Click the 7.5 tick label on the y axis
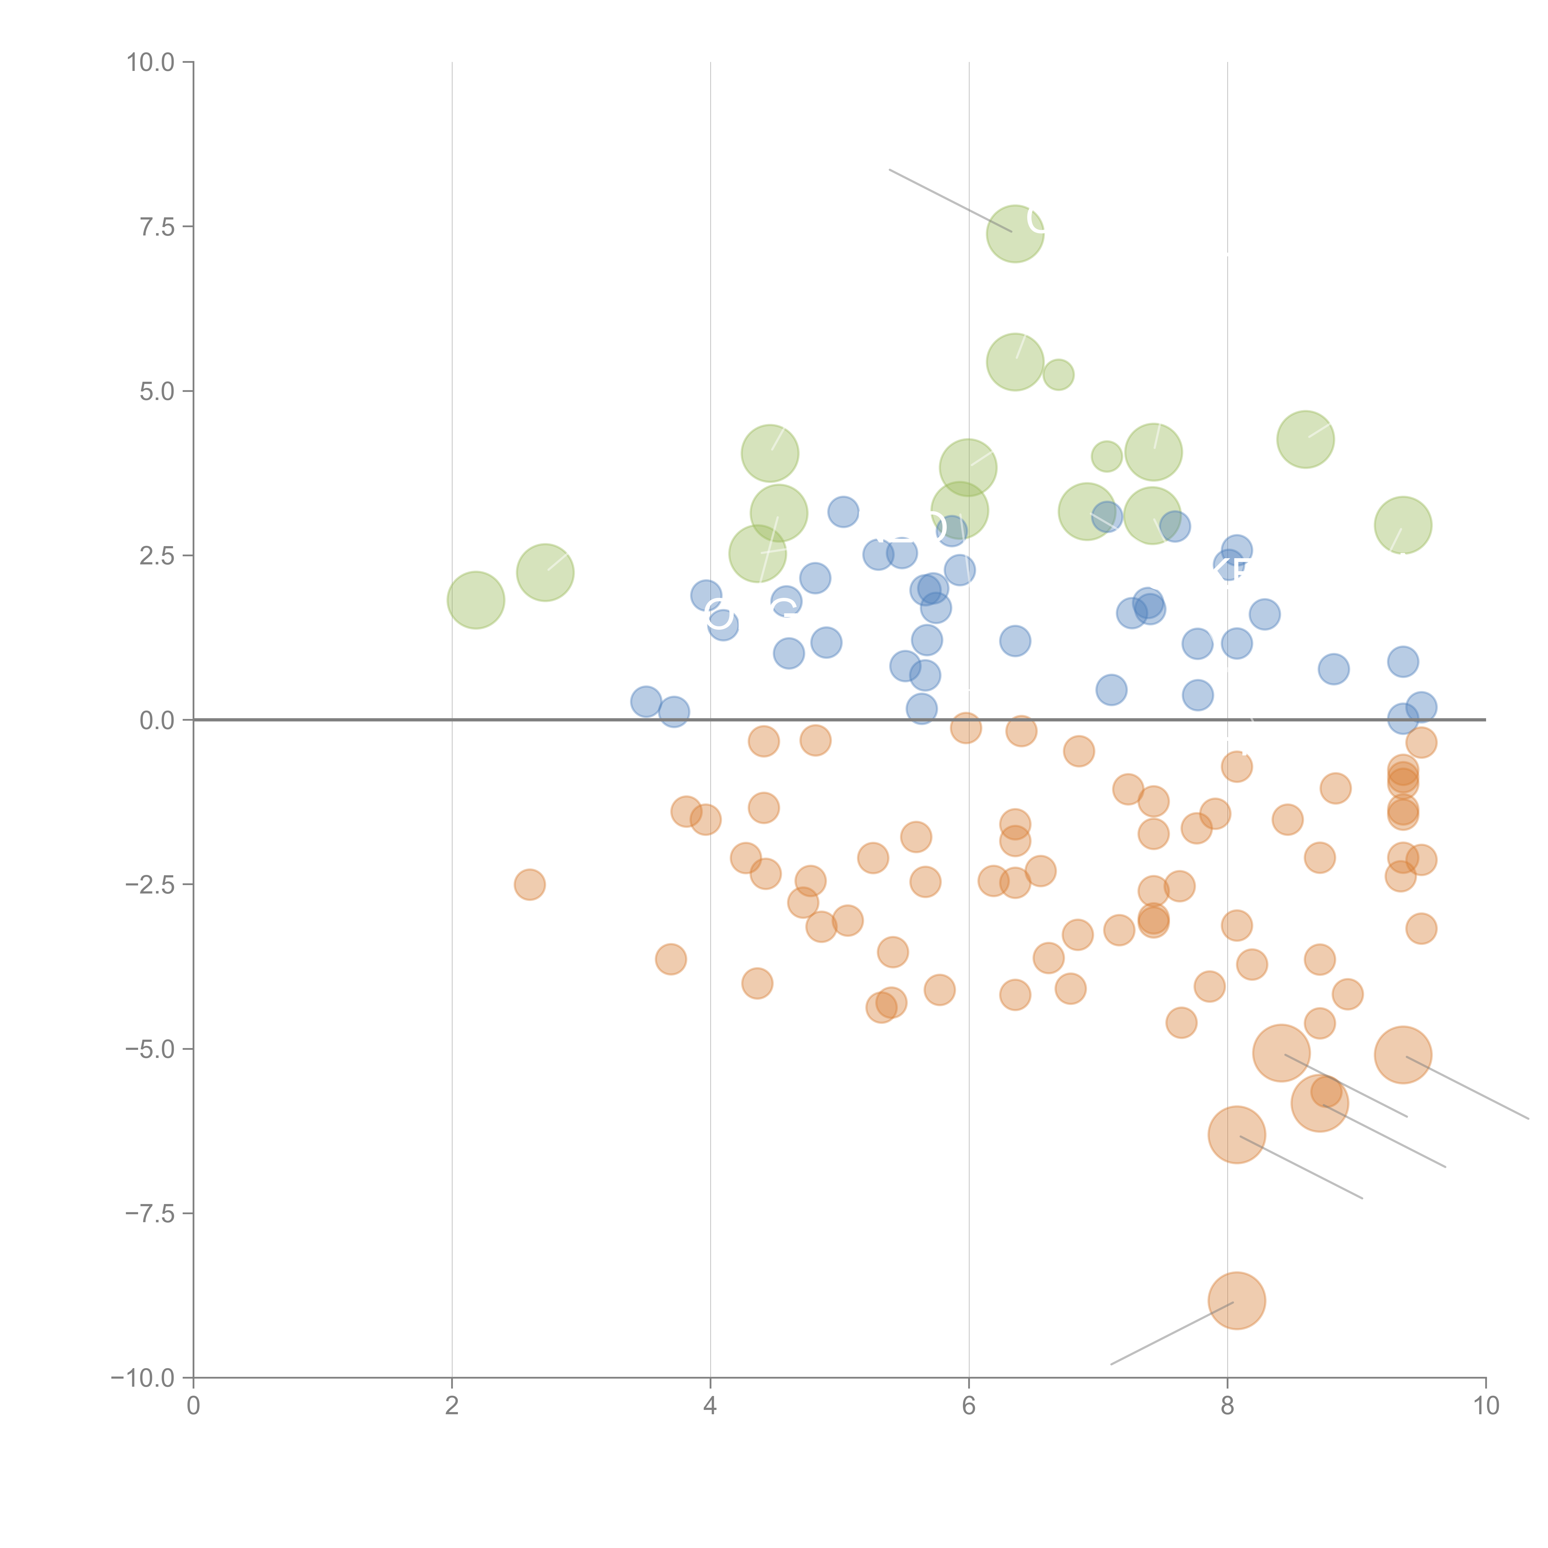[156, 227]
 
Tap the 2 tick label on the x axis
[452, 1405]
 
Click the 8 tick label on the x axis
[1228, 1405]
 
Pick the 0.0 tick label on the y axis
[156, 720]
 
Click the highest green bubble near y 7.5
[1015, 233]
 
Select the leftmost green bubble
[475, 600]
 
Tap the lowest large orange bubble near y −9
[1236, 1300]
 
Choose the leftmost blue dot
[646, 702]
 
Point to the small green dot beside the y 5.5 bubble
[1059, 374]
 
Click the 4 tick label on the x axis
[710, 1405]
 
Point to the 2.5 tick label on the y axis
[156, 556]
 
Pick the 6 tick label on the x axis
[969, 1405]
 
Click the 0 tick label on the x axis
[193, 1405]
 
